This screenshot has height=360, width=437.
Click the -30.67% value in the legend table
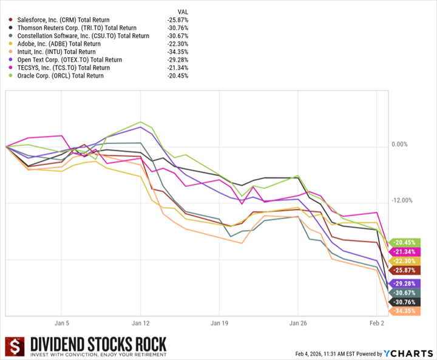[178, 36]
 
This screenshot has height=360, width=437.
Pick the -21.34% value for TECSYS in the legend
[178, 68]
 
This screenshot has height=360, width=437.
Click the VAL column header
[183, 12]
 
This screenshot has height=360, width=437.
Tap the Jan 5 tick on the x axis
[63, 324]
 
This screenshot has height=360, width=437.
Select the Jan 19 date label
[219, 324]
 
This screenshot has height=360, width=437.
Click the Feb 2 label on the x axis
[377, 324]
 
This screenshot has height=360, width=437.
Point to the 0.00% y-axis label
[400, 144]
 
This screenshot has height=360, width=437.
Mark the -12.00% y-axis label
[401, 201]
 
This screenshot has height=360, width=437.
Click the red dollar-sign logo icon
[15, 347]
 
